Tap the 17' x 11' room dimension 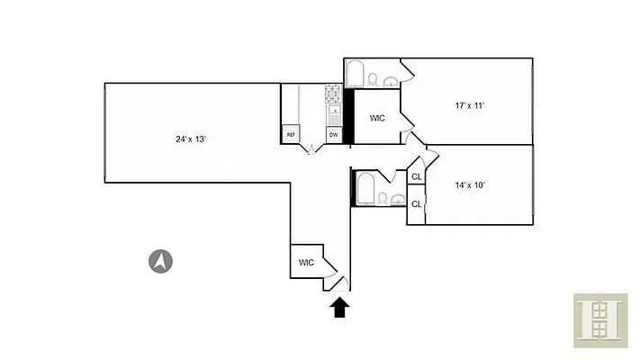point(470,106)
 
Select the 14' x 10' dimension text point(470,185)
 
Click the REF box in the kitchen point(291,134)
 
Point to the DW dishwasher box point(333,134)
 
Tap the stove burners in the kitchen point(333,92)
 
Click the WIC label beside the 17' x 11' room point(378,118)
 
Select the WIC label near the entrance point(307,263)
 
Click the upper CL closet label point(416,177)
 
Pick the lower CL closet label point(416,204)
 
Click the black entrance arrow point(339,308)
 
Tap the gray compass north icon point(160,262)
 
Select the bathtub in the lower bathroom point(366,189)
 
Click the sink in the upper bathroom point(390,82)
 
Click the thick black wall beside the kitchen point(351,116)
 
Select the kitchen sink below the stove point(333,113)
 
